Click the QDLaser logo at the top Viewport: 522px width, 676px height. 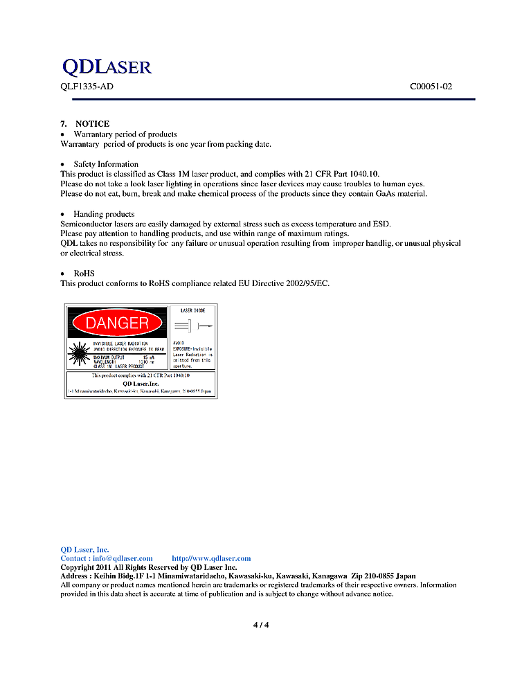pos(107,66)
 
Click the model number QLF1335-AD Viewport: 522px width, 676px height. pos(87,87)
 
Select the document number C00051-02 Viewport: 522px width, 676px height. pos(431,87)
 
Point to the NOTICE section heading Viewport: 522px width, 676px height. pos(92,123)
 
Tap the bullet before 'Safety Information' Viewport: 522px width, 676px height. pos(63,165)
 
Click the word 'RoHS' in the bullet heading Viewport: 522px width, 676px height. pos(83,274)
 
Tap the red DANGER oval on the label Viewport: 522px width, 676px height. pos(117,323)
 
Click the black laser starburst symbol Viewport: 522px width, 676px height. pos(78,355)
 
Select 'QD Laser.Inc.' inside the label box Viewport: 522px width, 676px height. pos(141,384)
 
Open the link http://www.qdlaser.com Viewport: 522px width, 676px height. pos(211,558)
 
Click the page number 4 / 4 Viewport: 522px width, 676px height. pos(261,625)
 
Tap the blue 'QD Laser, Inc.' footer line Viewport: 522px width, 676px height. pos(84,549)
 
